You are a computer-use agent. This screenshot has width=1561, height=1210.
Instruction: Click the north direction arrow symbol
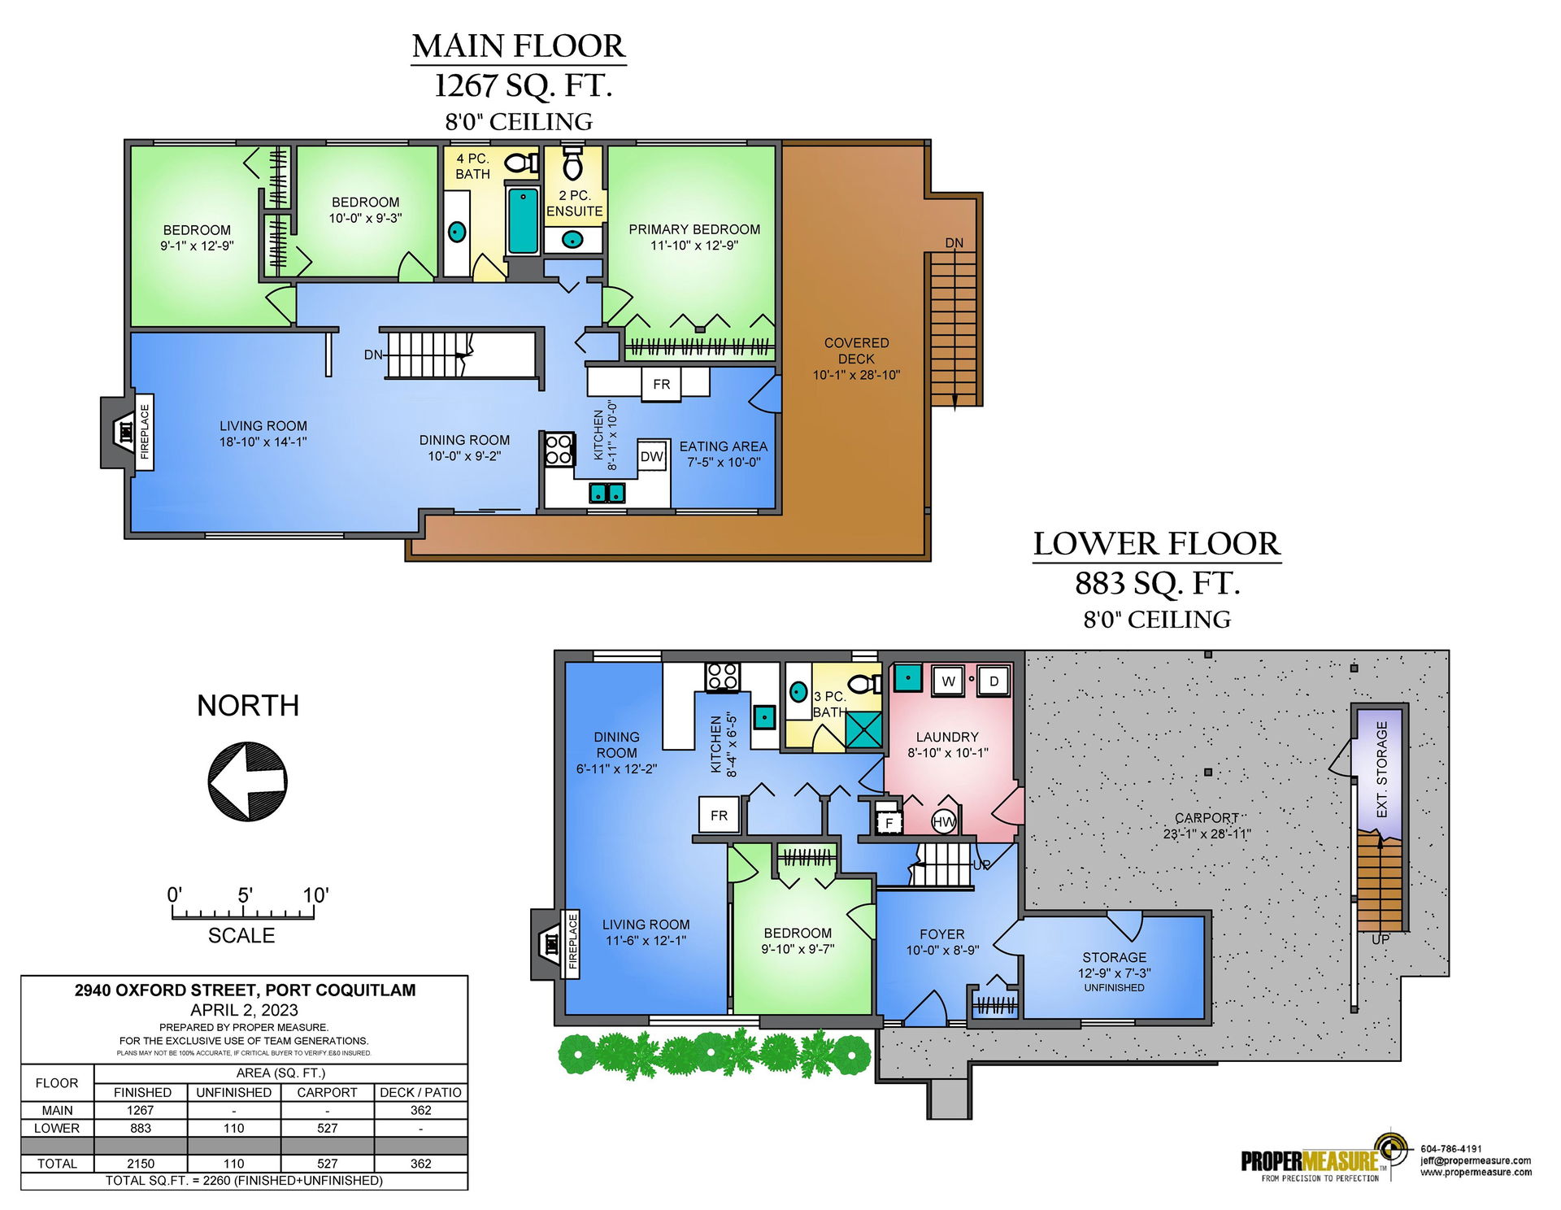[247, 781]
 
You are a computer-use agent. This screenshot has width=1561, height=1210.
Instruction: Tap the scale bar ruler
[243, 912]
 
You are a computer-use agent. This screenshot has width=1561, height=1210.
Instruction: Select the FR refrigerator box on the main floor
[662, 384]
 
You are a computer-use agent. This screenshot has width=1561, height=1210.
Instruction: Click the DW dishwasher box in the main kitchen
[652, 456]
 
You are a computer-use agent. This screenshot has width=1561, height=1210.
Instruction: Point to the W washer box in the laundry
[948, 681]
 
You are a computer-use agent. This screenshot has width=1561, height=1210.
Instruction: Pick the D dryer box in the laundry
[994, 681]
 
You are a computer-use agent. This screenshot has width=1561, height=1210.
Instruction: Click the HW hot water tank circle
[944, 822]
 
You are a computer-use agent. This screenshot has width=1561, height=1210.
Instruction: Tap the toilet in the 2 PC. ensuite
[572, 162]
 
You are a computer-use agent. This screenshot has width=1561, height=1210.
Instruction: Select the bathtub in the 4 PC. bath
[523, 220]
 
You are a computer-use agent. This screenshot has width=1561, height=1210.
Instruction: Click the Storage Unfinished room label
[1115, 972]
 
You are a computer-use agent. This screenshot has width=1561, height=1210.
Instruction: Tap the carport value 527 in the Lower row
[328, 1128]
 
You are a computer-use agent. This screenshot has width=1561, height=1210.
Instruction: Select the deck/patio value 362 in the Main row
[421, 1110]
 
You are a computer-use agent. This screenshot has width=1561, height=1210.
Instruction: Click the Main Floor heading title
[519, 46]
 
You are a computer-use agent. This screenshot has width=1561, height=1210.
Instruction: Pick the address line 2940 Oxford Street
[245, 990]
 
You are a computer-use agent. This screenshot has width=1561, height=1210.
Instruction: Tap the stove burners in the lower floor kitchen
[723, 677]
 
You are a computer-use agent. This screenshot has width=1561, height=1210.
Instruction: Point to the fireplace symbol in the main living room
[127, 433]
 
